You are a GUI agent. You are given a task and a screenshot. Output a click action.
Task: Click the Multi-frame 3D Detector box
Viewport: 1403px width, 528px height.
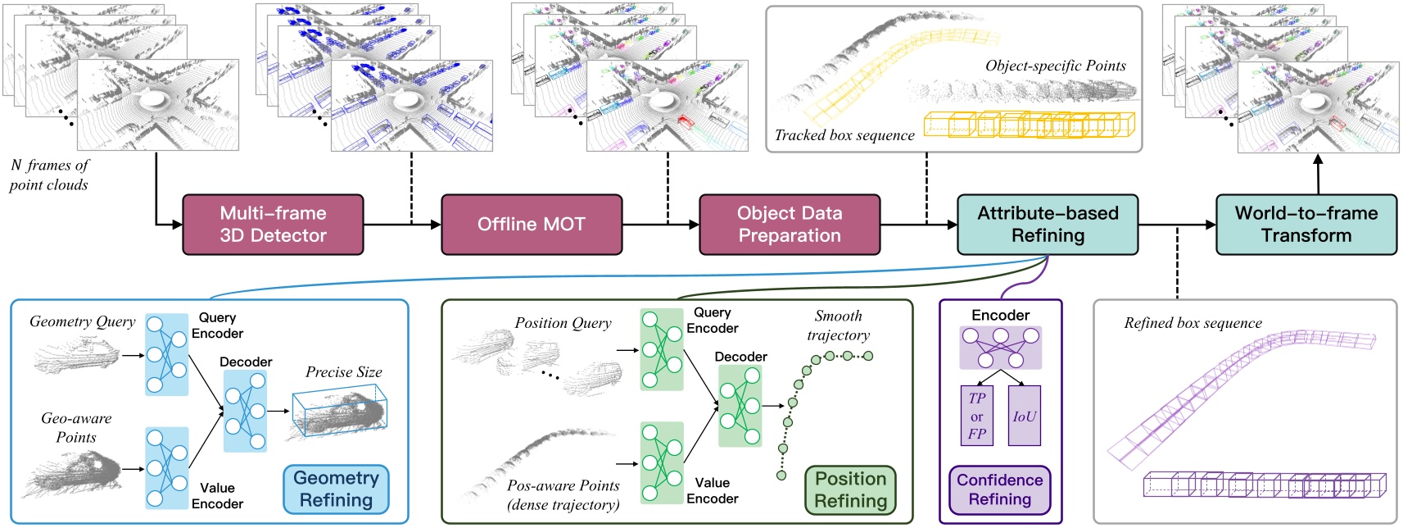click(x=273, y=224)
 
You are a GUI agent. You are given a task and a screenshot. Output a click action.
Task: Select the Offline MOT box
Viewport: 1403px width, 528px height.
click(x=531, y=224)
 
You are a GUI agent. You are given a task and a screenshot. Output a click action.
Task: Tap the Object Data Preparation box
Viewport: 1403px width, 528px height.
click(x=789, y=224)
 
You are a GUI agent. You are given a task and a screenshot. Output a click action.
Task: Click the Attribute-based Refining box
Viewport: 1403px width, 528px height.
click(x=1048, y=224)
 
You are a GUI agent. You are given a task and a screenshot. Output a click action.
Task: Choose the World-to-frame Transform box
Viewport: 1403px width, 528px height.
click(x=1306, y=224)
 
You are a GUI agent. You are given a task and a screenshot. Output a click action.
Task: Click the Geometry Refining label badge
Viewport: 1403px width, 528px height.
click(x=336, y=489)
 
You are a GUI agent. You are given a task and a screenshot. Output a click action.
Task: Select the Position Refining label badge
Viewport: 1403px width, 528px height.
click(x=850, y=489)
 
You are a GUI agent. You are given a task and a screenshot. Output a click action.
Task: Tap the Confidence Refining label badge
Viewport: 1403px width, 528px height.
click(x=999, y=489)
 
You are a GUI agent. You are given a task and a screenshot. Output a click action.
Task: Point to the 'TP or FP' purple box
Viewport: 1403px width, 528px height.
click(x=976, y=416)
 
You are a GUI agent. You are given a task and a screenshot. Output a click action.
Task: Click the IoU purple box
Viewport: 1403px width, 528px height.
click(x=1024, y=416)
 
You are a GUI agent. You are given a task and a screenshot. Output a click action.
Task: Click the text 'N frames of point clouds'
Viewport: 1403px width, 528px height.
click(x=49, y=175)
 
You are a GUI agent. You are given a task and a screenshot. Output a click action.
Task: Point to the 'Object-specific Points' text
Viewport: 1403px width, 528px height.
click(x=1055, y=66)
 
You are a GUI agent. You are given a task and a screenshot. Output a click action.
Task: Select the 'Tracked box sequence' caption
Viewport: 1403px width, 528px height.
click(x=844, y=135)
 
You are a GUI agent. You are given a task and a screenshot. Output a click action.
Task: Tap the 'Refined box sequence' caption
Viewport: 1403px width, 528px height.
click(x=1193, y=323)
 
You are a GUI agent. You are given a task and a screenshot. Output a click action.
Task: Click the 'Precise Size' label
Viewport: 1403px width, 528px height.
click(x=344, y=372)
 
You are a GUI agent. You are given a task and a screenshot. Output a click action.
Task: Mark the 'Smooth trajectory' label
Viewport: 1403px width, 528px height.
click(x=838, y=325)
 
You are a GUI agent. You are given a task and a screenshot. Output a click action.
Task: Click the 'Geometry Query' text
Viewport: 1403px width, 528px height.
click(x=82, y=321)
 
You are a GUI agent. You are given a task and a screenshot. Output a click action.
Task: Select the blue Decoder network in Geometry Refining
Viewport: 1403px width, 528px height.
click(x=245, y=411)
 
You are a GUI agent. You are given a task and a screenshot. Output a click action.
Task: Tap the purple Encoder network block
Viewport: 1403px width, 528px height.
click(x=1000, y=348)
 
